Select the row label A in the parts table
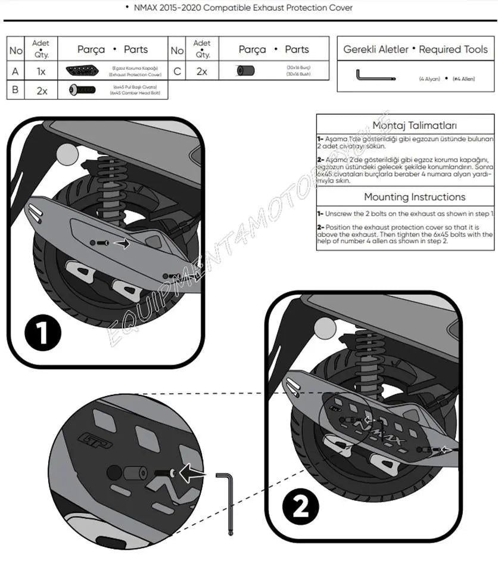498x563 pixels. [x=15, y=71]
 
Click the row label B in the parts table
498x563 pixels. [x=15, y=90]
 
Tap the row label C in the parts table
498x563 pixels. [x=177, y=71]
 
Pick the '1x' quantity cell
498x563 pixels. [x=41, y=71]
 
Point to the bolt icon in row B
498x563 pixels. [x=82, y=90]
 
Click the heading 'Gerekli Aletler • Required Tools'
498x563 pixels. [x=415, y=49]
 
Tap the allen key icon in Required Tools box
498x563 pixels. [x=374, y=76]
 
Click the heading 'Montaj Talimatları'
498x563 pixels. [x=415, y=125]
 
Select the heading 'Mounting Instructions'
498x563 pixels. [x=415, y=197]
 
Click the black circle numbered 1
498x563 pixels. [x=43, y=333]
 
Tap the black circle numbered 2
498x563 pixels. [x=301, y=508]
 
